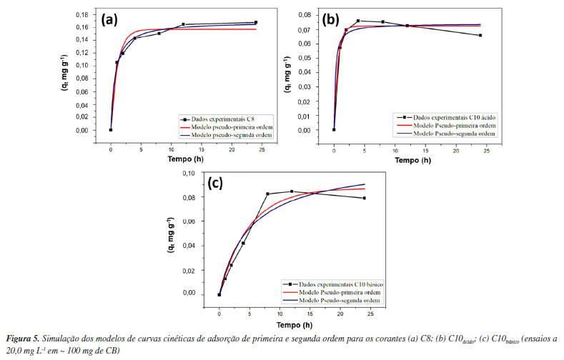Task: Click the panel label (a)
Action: [x=109, y=19]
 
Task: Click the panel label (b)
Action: [x=331, y=19]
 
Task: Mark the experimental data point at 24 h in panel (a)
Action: [x=255, y=23]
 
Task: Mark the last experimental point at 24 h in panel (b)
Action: [x=480, y=35]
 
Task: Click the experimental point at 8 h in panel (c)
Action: [x=267, y=194]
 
